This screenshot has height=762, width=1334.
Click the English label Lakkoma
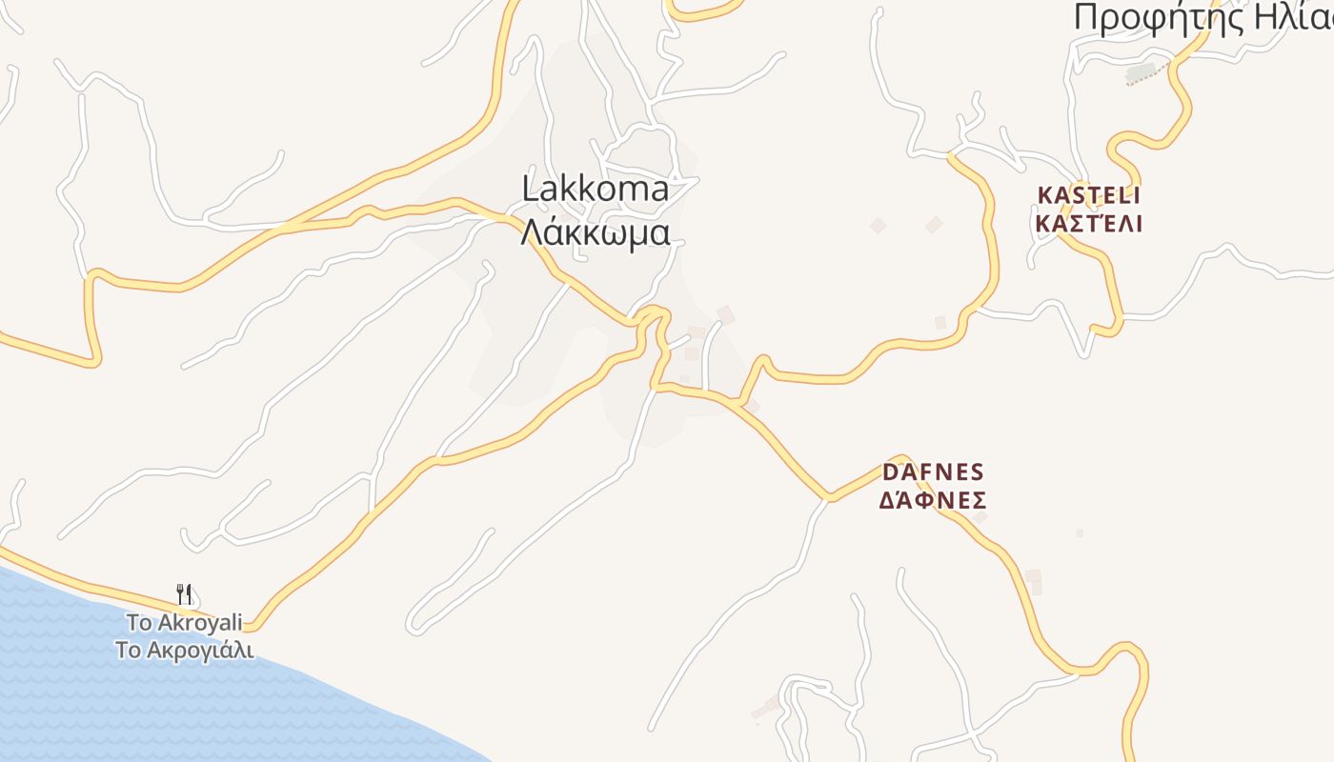(x=596, y=190)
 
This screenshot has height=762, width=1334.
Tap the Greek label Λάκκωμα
(x=596, y=232)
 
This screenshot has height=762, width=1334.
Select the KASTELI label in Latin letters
(x=1088, y=195)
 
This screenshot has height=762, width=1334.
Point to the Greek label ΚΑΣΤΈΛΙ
(x=1088, y=225)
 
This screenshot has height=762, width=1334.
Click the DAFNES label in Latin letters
(x=933, y=472)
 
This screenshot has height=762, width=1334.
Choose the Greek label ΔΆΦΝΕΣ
(x=932, y=501)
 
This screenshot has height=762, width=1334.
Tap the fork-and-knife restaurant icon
(x=185, y=594)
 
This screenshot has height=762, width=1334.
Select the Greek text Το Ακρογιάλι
(x=184, y=651)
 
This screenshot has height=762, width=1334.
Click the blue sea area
(x=143, y=686)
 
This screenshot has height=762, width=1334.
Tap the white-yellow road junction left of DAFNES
(x=827, y=497)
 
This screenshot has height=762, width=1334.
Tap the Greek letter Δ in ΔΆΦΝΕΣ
(x=887, y=501)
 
